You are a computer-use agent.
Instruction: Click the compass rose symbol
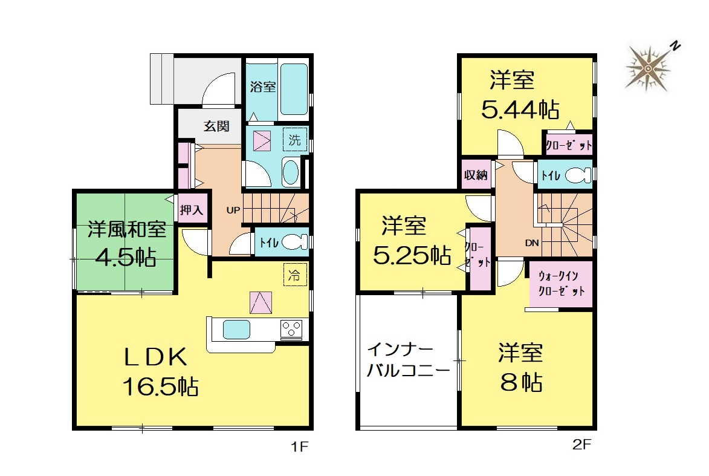pyautogui.click(x=649, y=68)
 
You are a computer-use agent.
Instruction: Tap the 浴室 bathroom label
pyautogui.click(x=263, y=86)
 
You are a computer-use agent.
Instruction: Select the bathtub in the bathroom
pyautogui.click(x=294, y=90)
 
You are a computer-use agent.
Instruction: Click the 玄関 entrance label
pyautogui.click(x=216, y=126)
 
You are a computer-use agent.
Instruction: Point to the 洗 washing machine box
pyautogui.click(x=295, y=140)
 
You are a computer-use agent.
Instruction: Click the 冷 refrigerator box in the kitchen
pyautogui.click(x=295, y=274)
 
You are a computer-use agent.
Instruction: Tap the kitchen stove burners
pyautogui.click(x=291, y=329)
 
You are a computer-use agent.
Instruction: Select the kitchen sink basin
pyautogui.click(x=236, y=329)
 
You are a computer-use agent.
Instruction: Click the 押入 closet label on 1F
pyautogui.click(x=192, y=209)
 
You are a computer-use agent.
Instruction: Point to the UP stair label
pyautogui.click(x=233, y=210)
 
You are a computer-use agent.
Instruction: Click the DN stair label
pyautogui.click(x=532, y=243)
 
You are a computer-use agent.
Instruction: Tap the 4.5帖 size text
pyautogui.click(x=126, y=258)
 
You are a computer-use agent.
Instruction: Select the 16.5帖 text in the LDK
pyautogui.click(x=161, y=387)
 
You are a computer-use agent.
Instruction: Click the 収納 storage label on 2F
pyautogui.click(x=476, y=175)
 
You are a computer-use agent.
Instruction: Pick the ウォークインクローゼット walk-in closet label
pyautogui.click(x=561, y=283)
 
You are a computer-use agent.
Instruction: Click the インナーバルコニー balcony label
pyautogui.click(x=408, y=360)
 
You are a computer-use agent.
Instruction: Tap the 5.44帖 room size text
pyautogui.click(x=520, y=109)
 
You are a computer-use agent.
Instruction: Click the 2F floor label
pyautogui.click(x=581, y=445)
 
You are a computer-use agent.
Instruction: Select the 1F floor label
pyautogui.click(x=299, y=447)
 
